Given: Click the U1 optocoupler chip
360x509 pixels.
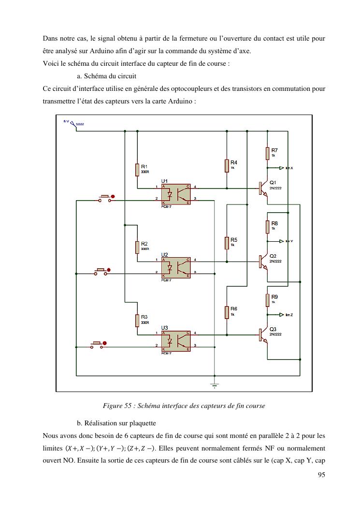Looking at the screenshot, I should [176, 194].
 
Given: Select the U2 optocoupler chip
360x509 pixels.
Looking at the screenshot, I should [176, 267].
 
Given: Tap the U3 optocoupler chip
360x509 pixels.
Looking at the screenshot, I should [176, 340].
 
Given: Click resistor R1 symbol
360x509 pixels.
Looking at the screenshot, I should [137, 170].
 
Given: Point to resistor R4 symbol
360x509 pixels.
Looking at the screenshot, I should [227, 165].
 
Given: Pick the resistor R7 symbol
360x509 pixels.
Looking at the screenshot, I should [267, 154].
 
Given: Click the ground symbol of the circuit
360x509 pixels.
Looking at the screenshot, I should [214, 385].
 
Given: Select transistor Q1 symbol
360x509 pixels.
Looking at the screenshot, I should [262, 188].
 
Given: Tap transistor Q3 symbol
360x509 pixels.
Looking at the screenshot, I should [262, 334].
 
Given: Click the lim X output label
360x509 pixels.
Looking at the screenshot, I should [289, 168].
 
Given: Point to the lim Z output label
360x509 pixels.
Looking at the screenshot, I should [289, 315].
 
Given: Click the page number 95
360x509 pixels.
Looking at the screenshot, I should [321, 475].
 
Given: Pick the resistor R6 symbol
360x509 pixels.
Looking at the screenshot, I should [227, 312].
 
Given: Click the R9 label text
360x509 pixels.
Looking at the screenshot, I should [274, 296].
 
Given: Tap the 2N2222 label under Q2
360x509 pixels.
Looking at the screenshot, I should [275, 261].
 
